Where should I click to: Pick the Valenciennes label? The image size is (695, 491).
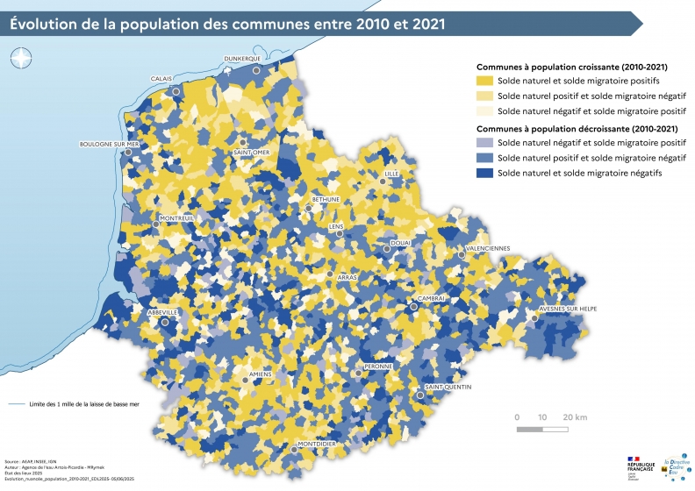coord(487,248)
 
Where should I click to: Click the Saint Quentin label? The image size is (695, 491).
coord(448,387)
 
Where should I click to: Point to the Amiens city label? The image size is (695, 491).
coord(261,374)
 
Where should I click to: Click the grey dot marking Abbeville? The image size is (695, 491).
coord(164,322)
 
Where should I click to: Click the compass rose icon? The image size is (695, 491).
coord(20,59)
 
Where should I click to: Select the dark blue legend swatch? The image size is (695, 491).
coord(484,174)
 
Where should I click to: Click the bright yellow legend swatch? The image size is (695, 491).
coord(484,81)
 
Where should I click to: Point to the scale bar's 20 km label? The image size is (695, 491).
coord(575,416)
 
